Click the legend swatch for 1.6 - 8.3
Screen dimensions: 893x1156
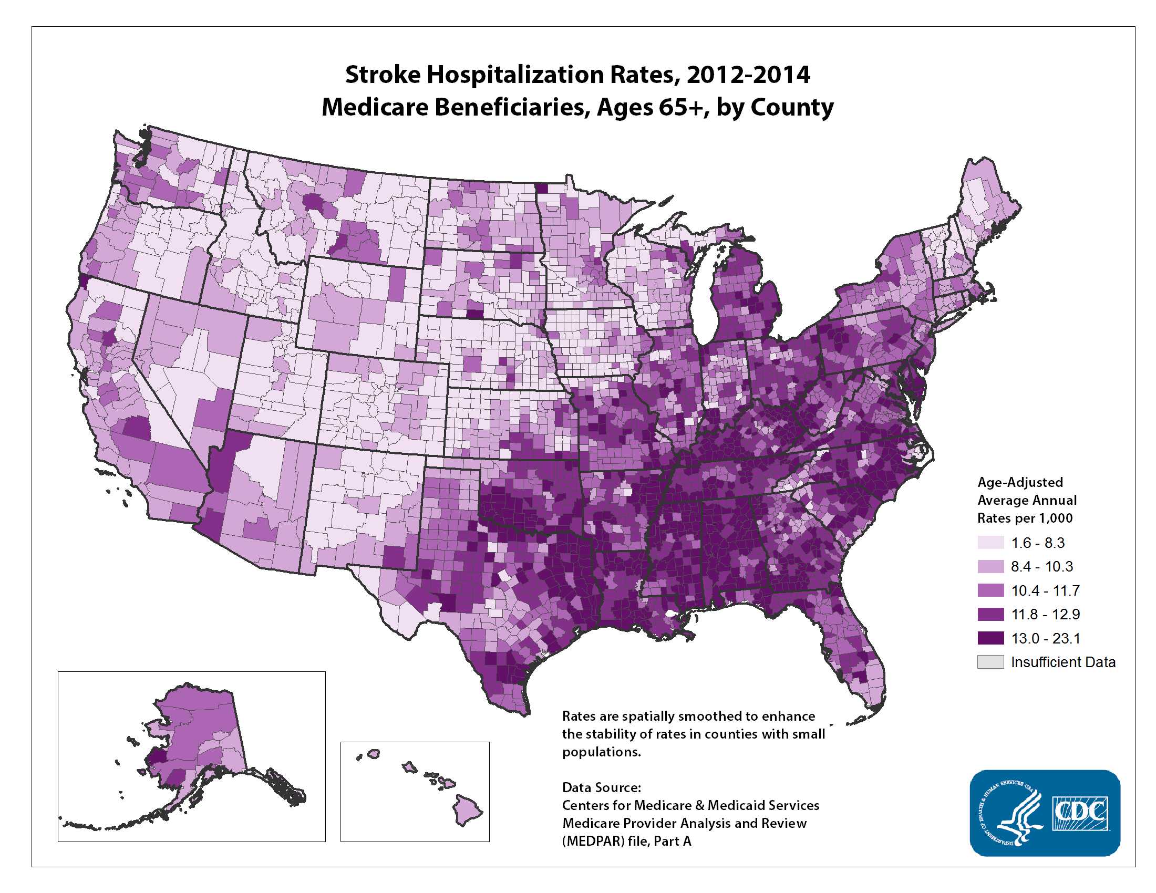coord(990,543)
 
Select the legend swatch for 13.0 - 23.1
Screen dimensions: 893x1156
coord(990,638)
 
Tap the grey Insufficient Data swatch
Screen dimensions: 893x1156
coord(990,662)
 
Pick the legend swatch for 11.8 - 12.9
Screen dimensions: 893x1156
coord(990,614)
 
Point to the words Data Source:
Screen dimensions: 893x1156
coord(601,787)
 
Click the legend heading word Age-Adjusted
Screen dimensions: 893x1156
coord(1019,482)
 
